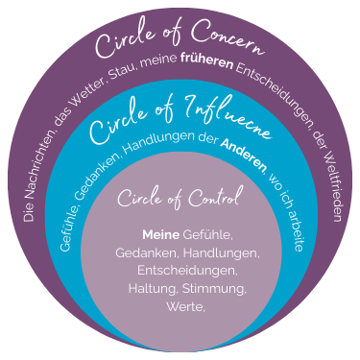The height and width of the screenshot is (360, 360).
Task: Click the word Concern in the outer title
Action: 226,45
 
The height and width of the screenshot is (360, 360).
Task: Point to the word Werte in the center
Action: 179,307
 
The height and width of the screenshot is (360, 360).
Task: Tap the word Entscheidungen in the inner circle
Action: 180,271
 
